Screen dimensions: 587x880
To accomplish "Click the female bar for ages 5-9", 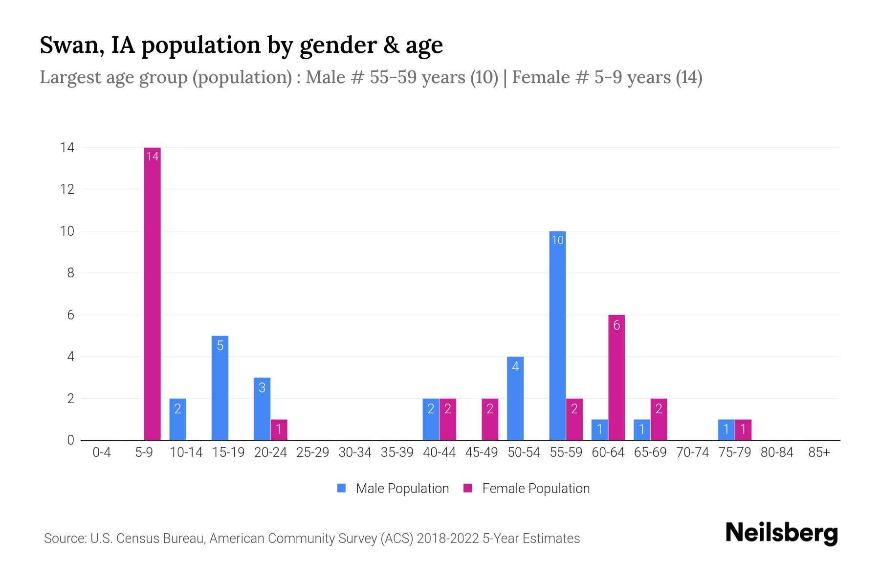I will coord(153,293).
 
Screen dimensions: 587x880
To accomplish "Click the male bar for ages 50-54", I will coord(515,398).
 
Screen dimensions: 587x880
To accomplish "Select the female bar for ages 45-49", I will coord(490,419).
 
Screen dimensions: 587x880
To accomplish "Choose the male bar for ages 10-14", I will coord(177,419).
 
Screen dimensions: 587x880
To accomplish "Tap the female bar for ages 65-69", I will coord(659,419).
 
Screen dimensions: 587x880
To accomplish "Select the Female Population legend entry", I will coord(527,488).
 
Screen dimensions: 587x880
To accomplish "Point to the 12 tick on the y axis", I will coord(67,189).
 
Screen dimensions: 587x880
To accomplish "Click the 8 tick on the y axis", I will coord(70,273).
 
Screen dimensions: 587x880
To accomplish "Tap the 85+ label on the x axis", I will coord(819,452).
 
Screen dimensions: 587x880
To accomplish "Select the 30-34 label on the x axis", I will coord(355,452).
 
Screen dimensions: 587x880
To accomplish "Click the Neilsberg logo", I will coord(781,533).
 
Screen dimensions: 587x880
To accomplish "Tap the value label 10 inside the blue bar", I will coord(557,240).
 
